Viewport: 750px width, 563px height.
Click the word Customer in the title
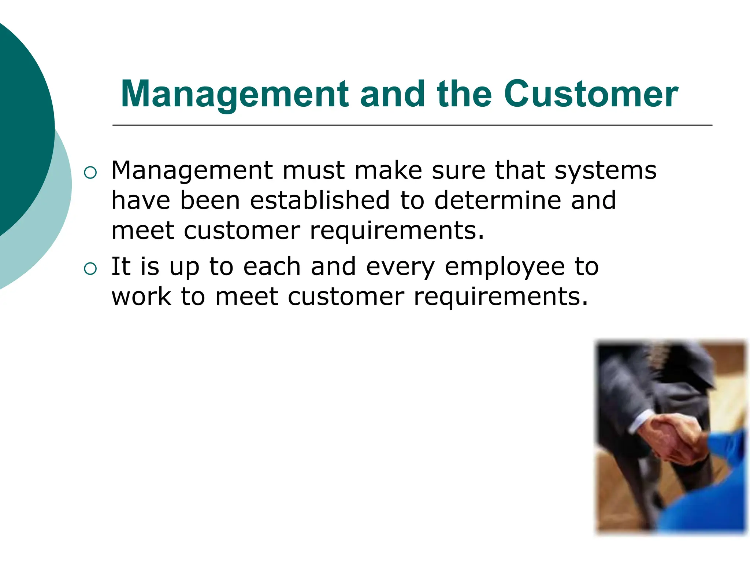(x=591, y=94)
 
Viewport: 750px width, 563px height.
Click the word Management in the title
(x=234, y=94)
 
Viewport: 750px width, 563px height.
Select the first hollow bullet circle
(x=90, y=173)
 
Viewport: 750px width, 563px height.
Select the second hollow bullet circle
(x=90, y=269)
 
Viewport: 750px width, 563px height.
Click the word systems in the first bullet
(x=605, y=171)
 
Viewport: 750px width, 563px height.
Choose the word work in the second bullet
(x=141, y=297)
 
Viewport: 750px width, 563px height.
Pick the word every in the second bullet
(x=400, y=268)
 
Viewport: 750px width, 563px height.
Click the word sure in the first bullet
(x=458, y=171)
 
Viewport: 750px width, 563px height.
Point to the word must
(x=313, y=171)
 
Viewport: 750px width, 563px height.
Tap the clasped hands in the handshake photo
(x=674, y=438)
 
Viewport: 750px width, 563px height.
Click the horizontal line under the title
(x=412, y=125)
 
